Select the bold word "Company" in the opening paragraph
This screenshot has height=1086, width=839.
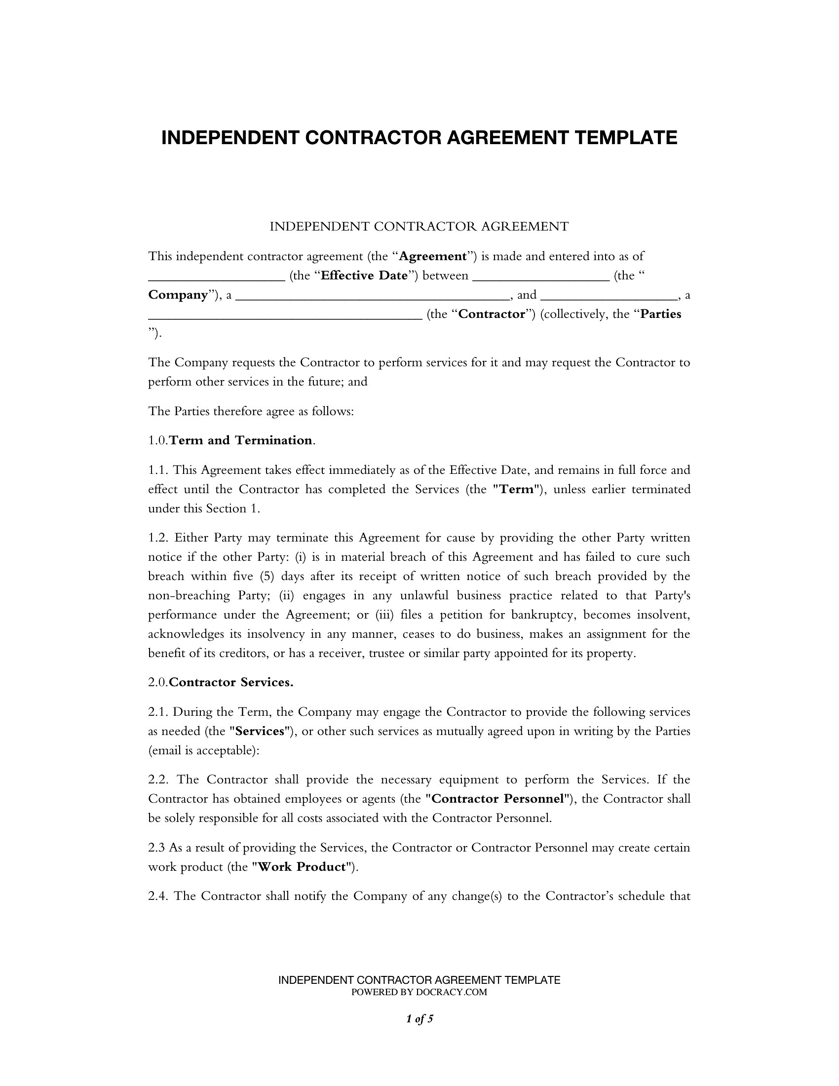point(178,295)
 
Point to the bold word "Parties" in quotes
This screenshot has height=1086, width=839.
point(660,314)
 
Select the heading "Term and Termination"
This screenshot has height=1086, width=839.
point(241,440)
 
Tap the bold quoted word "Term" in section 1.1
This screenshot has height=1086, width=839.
point(516,489)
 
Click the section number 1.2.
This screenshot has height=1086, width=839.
point(158,538)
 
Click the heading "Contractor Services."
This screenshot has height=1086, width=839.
point(231,683)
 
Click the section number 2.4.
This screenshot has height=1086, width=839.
point(158,896)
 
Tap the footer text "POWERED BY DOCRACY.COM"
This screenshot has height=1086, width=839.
point(419,993)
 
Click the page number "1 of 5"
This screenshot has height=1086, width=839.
point(419,1019)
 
